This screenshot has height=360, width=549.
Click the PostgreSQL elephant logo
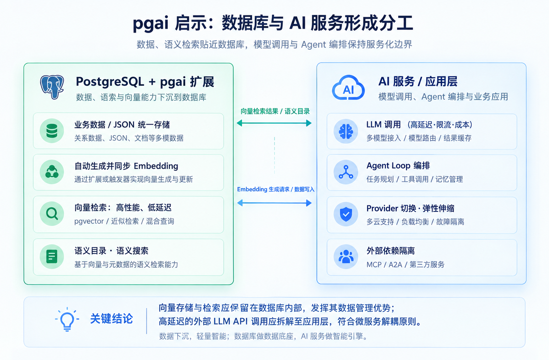(x=52, y=87)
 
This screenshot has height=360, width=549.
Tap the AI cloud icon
(x=348, y=88)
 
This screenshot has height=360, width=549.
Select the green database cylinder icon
(x=52, y=131)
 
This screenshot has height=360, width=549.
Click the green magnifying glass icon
(x=52, y=214)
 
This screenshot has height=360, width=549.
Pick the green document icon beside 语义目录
(x=52, y=256)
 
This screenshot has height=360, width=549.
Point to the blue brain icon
(x=346, y=132)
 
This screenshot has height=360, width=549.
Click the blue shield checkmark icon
(x=346, y=214)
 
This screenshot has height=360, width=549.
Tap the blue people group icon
(x=346, y=256)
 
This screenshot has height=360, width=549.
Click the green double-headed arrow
(x=274, y=123)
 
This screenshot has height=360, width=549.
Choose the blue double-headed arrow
(x=274, y=203)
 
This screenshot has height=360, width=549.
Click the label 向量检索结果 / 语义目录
(x=275, y=111)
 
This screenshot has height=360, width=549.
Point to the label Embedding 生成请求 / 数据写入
(x=275, y=189)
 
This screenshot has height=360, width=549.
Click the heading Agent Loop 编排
(x=398, y=166)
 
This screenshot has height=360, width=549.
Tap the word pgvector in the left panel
(x=89, y=221)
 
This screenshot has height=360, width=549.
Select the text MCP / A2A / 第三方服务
(x=405, y=265)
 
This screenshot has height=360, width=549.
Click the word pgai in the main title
(x=151, y=24)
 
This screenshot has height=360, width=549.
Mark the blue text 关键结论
(x=112, y=319)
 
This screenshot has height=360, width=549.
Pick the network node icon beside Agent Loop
(x=346, y=172)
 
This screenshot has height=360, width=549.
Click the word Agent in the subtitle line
(x=313, y=45)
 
